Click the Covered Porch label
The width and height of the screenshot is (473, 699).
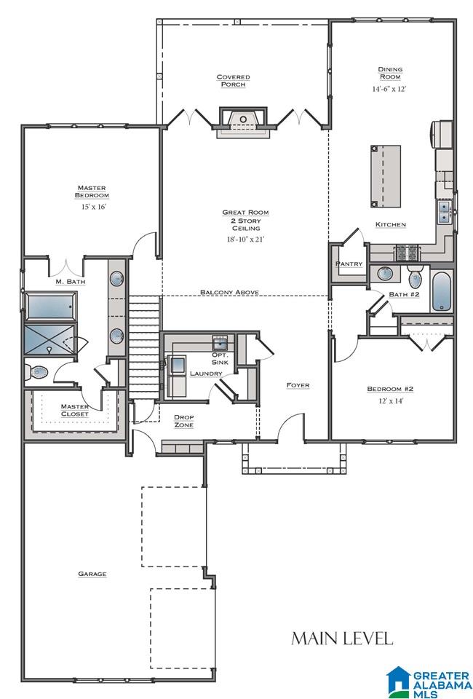(x=233, y=80)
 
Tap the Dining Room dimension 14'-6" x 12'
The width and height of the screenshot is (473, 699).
(x=389, y=89)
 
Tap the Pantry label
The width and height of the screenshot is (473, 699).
(x=349, y=264)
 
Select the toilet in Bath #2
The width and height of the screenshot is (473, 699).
(x=415, y=277)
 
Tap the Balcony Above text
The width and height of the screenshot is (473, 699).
(x=229, y=292)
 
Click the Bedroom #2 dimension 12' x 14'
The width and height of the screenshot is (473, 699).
(x=390, y=400)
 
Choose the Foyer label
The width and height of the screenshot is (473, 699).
(x=298, y=384)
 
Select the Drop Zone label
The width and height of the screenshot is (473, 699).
(x=183, y=421)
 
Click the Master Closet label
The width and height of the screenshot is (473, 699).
(x=74, y=410)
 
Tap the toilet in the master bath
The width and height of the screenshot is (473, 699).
(x=37, y=372)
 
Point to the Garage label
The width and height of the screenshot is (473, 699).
(x=92, y=574)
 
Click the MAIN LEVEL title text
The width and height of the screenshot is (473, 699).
(x=342, y=639)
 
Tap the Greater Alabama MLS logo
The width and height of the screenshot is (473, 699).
(x=429, y=681)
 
